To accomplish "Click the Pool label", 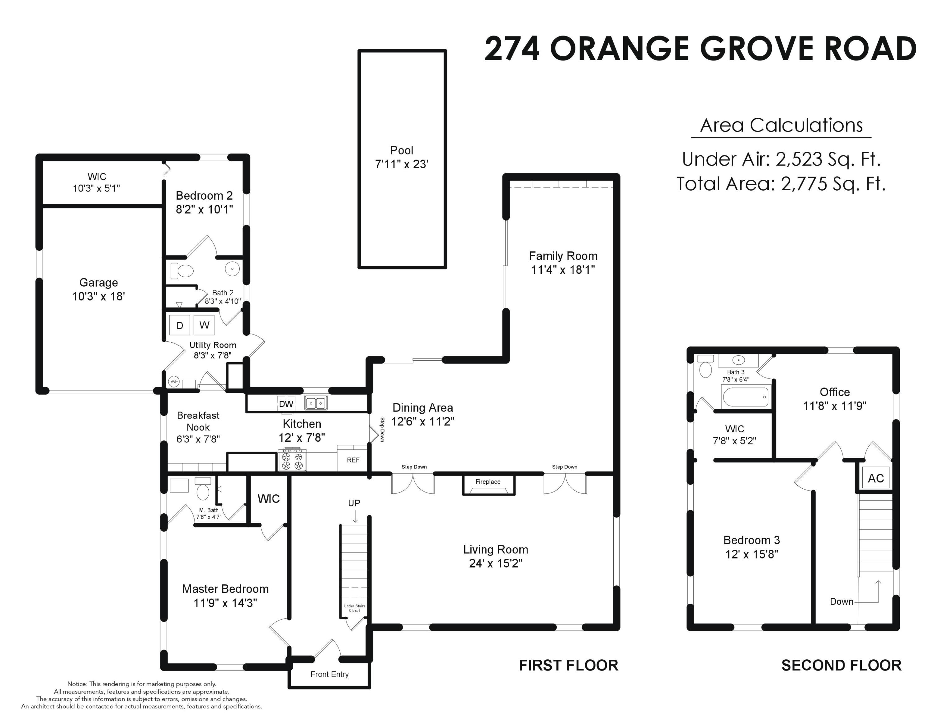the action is click(402, 150).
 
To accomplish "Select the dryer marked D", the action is click(180, 325).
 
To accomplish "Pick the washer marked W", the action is click(204, 325).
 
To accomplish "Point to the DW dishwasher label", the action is click(286, 404).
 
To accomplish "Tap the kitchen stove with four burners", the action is click(293, 459).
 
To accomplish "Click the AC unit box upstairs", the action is click(875, 478).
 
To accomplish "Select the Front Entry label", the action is click(329, 674).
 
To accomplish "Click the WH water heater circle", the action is click(174, 381).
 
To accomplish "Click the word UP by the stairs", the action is click(354, 503).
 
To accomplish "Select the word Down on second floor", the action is click(842, 601).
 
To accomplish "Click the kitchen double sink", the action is click(316, 403).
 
